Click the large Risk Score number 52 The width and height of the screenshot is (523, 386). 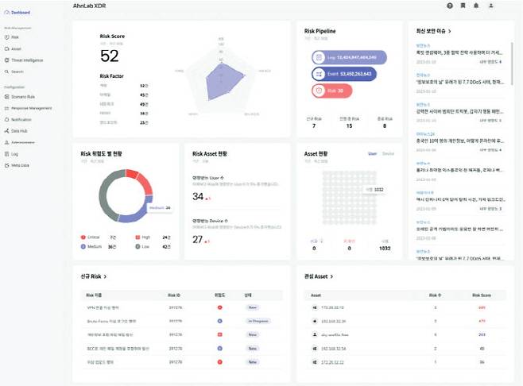[x=109, y=56]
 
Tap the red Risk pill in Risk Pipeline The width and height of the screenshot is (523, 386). [x=325, y=91]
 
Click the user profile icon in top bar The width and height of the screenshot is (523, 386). [x=491, y=6]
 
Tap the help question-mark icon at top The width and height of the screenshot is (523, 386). [x=450, y=6]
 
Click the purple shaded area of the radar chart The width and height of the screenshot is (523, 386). [x=221, y=83]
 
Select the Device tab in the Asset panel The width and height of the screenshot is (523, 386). [x=388, y=153]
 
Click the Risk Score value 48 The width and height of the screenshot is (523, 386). [x=482, y=347]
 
